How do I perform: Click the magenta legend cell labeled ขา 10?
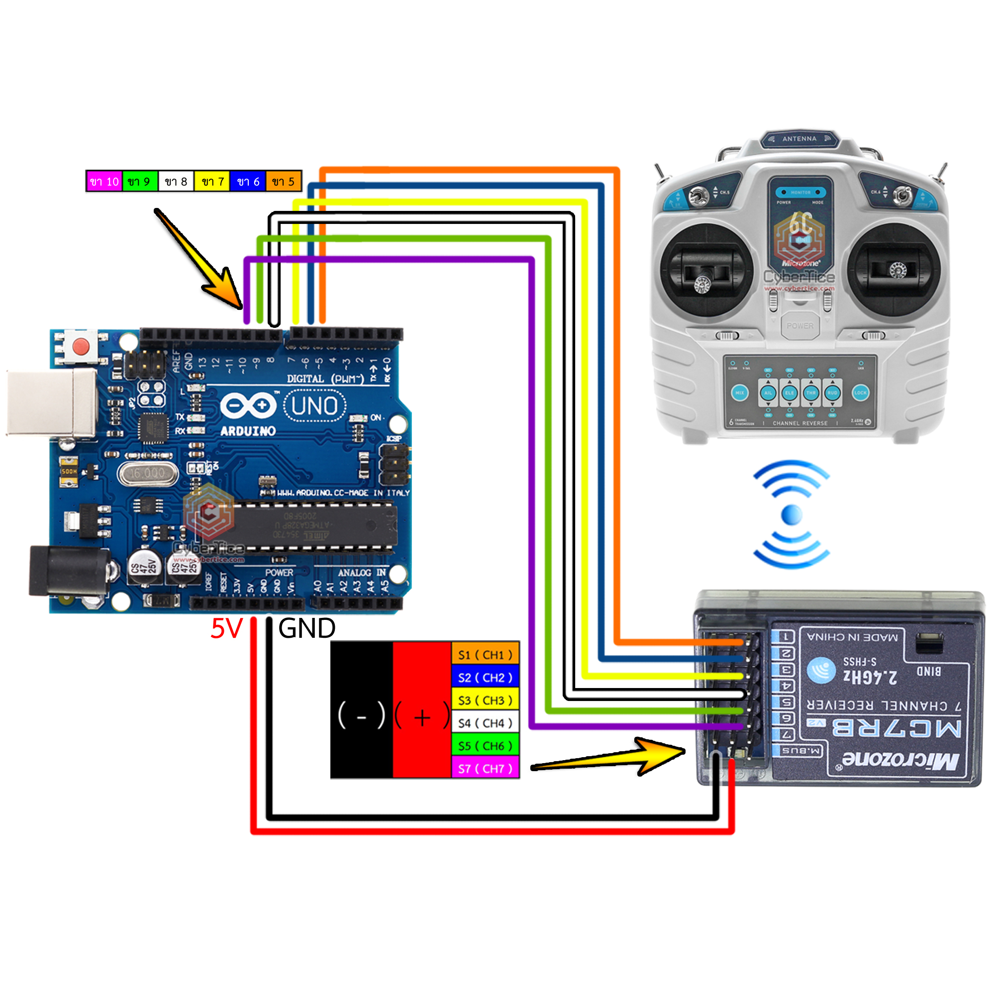104,181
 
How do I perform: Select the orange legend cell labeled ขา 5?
283,181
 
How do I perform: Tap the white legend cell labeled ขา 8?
176,181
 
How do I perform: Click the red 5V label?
226,629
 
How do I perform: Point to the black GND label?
306,629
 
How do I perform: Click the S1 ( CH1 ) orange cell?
485,655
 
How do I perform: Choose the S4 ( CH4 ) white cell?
485,723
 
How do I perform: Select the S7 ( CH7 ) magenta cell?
485,769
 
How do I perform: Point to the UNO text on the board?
315,406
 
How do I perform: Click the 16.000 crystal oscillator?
147,473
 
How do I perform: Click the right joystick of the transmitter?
895,270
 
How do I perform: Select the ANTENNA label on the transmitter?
799,138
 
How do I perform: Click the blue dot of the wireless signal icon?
792,514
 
